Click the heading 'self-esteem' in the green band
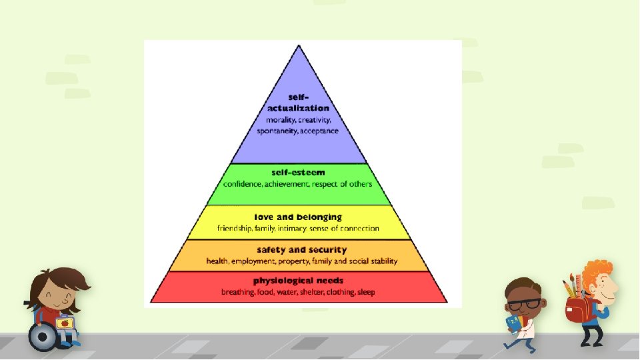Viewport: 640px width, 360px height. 298,173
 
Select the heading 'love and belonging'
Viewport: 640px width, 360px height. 298,217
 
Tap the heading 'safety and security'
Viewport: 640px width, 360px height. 298,250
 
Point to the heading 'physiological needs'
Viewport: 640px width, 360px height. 298,281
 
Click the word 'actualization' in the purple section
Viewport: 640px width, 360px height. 299,108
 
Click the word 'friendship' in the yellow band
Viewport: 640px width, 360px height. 235,228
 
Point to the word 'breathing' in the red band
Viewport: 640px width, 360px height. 238,292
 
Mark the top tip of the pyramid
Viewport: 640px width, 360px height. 299,45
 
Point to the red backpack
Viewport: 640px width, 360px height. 577,308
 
